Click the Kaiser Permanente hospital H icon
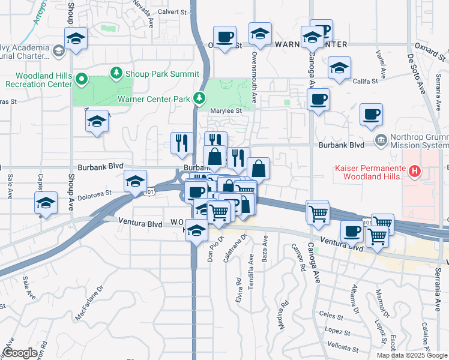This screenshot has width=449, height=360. (x=414, y=172)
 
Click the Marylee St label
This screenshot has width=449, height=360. (x=225, y=110)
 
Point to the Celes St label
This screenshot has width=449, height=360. (x=331, y=313)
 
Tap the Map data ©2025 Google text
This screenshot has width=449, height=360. (x=412, y=355)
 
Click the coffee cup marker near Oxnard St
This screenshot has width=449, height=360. (x=224, y=37)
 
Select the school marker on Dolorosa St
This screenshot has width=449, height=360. (x=136, y=180)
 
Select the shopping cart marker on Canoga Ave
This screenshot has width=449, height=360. (x=318, y=212)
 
